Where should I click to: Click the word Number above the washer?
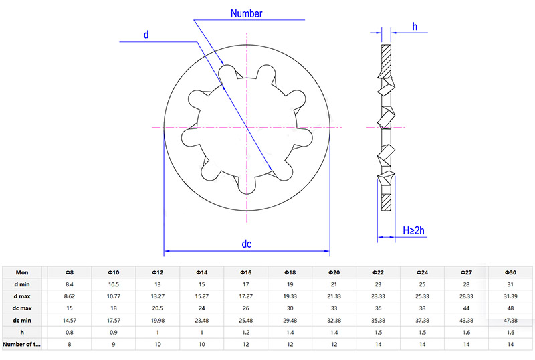[x=246, y=13]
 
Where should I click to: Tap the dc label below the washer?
[x=246, y=244]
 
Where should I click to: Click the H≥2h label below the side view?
[x=414, y=231]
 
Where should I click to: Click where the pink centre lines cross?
[x=247, y=127]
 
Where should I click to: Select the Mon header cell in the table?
[x=22, y=272]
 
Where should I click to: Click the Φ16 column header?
[x=245, y=272]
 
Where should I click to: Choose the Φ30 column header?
[x=510, y=272]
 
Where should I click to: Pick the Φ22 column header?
[x=378, y=272]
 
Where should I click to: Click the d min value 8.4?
[x=69, y=284]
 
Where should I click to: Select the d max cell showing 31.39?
[x=510, y=296]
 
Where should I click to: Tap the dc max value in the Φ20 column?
[x=334, y=308]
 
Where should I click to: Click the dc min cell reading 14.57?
[x=69, y=320]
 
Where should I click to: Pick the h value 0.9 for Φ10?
[x=113, y=332]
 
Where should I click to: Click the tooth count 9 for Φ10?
[x=113, y=344]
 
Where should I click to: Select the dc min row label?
[x=22, y=320]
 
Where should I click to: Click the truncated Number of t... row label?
[x=22, y=344]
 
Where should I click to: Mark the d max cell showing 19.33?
[x=290, y=296]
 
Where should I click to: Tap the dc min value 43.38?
[x=466, y=320]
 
